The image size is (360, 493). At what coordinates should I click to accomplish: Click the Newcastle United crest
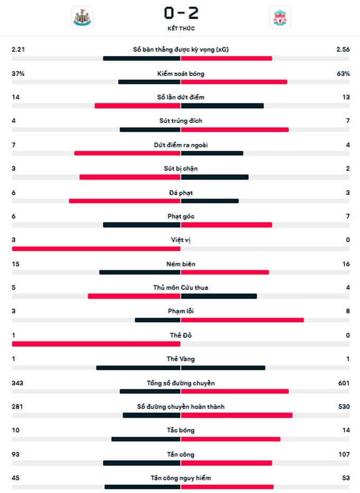coord(82,17)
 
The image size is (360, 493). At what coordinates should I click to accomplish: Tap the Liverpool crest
coord(279,17)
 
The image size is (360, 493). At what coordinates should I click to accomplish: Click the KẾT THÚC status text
coord(181,28)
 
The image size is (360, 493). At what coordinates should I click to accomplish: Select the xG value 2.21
coord(19,50)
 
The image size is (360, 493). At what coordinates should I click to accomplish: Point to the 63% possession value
coord(343,74)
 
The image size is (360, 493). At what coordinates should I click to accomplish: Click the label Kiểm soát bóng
coord(181,74)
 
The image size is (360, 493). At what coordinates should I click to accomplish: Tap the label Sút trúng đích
coord(181,121)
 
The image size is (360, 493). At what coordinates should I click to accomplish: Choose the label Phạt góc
coord(181,216)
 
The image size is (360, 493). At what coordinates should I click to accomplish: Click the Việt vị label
coord(181,240)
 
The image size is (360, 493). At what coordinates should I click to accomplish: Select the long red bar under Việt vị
coord(96,248)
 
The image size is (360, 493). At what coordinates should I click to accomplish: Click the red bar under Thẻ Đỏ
coord(96,344)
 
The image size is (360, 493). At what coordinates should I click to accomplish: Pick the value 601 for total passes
coord(344,383)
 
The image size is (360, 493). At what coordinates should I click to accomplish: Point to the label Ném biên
coord(181,264)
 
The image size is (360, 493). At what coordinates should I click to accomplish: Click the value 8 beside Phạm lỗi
coord(347,311)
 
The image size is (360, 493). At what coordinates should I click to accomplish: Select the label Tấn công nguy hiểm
coord(181,478)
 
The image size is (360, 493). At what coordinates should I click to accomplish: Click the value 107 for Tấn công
coord(344,454)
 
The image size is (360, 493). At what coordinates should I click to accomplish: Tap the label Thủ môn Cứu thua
coord(181,288)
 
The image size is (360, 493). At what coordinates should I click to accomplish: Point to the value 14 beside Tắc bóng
coord(346,430)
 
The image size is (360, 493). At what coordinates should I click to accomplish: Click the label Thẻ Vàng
coord(181,359)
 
